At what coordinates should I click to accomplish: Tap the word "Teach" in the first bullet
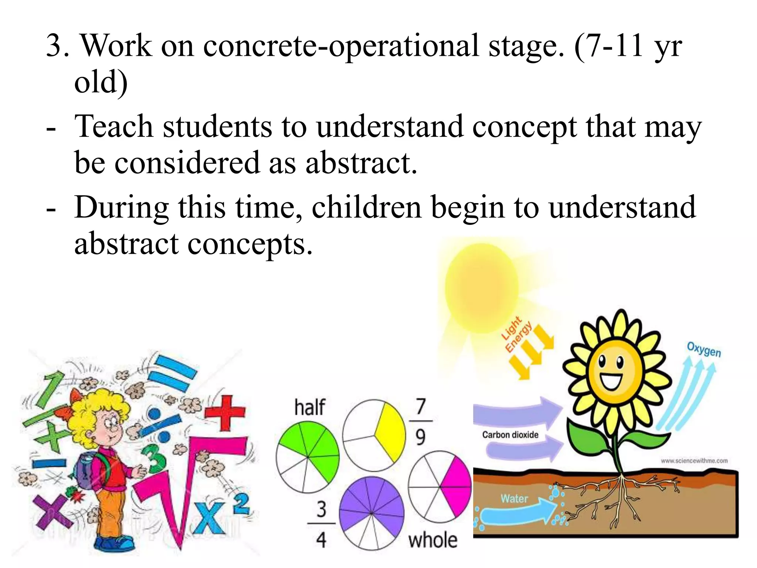tap(114, 126)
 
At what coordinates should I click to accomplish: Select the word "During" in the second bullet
tap(121, 207)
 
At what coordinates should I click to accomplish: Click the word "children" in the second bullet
tap(366, 207)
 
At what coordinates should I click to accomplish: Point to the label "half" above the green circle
tap(310, 407)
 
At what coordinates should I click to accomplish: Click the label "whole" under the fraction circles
tap(433, 540)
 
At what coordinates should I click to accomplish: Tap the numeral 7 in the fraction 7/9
tap(421, 406)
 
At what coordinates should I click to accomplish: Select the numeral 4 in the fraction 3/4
tap(321, 540)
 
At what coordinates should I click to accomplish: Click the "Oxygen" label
tap(704, 349)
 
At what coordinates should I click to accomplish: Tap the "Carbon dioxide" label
tap(510, 435)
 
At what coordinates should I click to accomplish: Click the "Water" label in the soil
tap(514, 499)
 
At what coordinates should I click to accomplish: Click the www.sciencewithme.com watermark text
tap(694, 461)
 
